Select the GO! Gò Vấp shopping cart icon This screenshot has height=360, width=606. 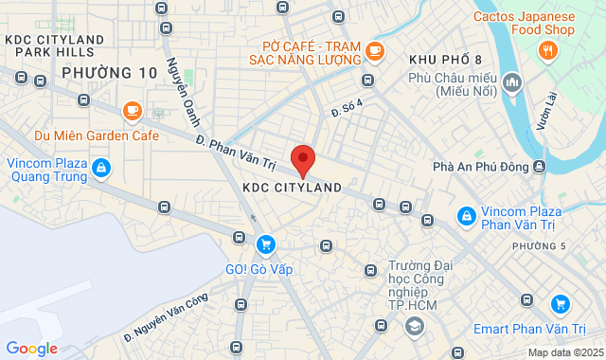265,244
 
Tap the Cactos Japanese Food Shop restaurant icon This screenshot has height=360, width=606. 546,49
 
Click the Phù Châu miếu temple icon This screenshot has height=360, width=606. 512,82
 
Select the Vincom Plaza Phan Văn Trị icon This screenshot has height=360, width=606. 466,217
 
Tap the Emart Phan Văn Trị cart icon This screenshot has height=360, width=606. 561,304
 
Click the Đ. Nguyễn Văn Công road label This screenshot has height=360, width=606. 166,318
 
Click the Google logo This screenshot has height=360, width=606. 31,349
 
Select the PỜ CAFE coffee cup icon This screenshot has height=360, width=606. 375,51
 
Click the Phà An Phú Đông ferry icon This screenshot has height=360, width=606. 539,167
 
